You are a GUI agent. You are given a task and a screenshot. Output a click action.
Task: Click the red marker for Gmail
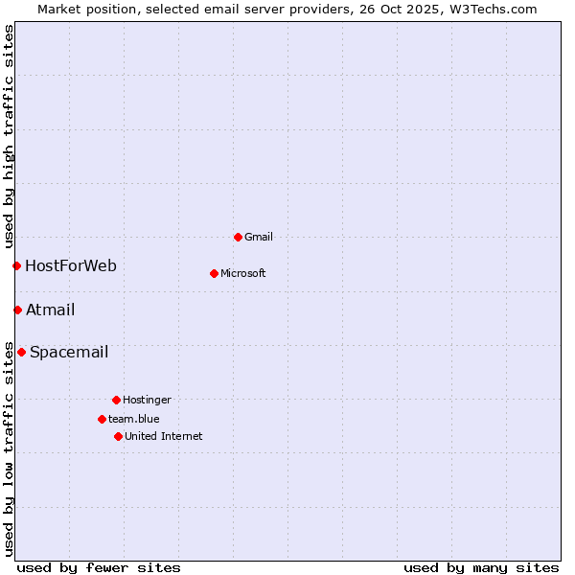coord(238,237)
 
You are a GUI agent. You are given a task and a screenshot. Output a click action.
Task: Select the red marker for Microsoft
coord(214,273)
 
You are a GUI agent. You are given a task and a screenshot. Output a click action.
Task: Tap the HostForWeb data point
coord(16,265)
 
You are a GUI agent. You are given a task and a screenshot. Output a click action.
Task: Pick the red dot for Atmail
coord(17,310)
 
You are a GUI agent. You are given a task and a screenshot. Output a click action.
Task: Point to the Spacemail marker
coord(21,352)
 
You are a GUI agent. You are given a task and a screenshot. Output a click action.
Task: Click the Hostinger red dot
coord(116,400)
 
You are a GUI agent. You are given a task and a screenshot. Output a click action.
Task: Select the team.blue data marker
coord(102,419)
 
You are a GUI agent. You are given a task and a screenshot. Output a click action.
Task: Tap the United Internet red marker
coord(118,436)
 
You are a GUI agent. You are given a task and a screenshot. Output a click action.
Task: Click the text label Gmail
coord(259,237)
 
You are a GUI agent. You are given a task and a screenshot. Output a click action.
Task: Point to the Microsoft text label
coord(243,273)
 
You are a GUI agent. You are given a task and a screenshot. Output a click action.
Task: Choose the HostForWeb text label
coord(71,265)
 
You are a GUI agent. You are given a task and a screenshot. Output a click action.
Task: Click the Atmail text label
coord(51,310)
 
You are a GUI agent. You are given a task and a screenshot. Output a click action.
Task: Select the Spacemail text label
coord(69,352)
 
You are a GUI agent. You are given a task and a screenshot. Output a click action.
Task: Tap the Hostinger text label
coord(147,400)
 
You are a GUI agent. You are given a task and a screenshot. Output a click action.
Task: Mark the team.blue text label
coord(134,419)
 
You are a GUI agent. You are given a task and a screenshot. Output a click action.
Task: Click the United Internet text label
coord(164,436)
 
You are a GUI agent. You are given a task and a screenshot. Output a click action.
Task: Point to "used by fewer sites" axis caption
coord(99,567)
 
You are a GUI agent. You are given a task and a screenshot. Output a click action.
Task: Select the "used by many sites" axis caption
coord(481,567)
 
